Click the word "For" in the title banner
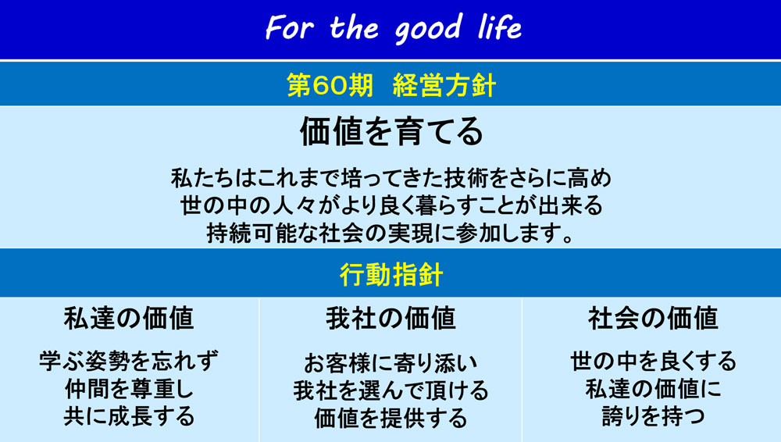pyautogui.click(x=290, y=27)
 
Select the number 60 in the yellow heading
pyautogui.click(x=330, y=85)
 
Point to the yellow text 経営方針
pyautogui.click(x=444, y=85)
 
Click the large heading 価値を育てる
pyautogui.click(x=391, y=131)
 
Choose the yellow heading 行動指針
pyautogui.click(x=391, y=273)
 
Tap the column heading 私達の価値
pyautogui.click(x=129, y=319)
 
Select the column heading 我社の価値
pyautogui.click(x=391, y=319)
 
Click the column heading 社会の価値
pyautogui.click(x=653, y=319)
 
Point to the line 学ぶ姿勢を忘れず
pyautogui.click(x=129, y=361)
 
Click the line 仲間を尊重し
pyautogui.click(x=129, y=389)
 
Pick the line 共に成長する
pyautogui.click(x=129, y=416)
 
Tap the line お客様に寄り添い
pyautogui.click(x=391, y=363)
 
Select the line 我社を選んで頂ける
pyautogui.click(x=391, y=390)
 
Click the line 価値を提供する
pyautogui.click(x=391, y=418)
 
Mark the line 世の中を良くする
pyautogui.click(x=653, y=361)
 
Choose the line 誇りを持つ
pyautogui.click(x=653, y=416)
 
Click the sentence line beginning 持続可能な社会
pyautogui.click(x=391, y=233)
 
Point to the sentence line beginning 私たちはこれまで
pyautogui.click(x=391, y=178)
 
